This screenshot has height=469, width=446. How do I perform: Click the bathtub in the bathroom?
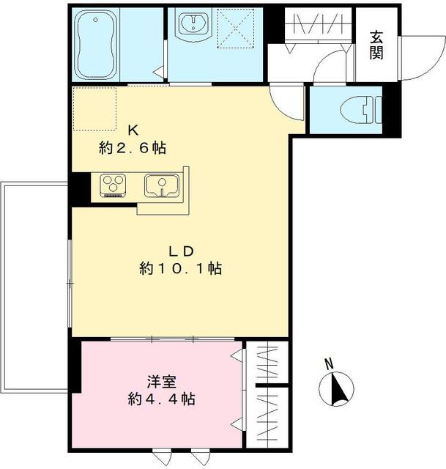coord(96,45)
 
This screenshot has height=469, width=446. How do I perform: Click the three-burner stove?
coord(113,185)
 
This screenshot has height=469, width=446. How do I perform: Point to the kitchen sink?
coord(162,186)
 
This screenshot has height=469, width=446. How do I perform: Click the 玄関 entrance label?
coord(376,45)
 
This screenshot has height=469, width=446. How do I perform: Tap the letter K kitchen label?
coord(133,130)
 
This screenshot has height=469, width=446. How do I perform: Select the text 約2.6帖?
coord(133,148)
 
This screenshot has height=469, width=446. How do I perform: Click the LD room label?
coord(182,251)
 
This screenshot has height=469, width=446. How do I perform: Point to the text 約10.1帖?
coord(181,268)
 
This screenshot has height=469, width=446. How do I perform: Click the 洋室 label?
coord(161,382)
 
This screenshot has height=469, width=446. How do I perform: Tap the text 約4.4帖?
coord(162,399)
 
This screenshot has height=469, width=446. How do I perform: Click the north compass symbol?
coord(336,389)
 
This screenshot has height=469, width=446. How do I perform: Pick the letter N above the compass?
coord(329,364)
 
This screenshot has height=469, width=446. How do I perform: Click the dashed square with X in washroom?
coord(236,29)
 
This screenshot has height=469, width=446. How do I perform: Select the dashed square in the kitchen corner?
coord(94,109)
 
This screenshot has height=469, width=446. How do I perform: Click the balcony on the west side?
coord(34,287)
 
